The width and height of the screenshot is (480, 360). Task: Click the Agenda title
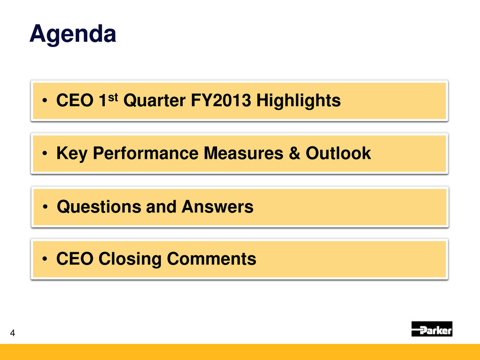click(73, 34)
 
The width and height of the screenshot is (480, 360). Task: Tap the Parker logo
click(431, 329)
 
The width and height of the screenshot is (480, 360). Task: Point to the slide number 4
click(13, 333)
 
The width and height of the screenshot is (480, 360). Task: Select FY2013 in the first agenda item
click(221, 101)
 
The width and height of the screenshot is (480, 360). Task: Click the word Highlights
click(299, 101)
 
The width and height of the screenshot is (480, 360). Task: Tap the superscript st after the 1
click(113, 98)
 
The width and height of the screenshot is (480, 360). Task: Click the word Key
click(72, 153)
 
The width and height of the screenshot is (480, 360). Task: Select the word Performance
click(146, 153)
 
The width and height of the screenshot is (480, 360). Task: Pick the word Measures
click(244, 153)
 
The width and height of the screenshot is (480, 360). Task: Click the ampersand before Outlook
click(294, 153)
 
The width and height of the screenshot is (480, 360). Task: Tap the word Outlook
click(338, 153)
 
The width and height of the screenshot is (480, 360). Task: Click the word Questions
click(99, 207)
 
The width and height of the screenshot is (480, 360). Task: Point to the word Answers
click(218, 207)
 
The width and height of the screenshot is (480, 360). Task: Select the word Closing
click(130, 259)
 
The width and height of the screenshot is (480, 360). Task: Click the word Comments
click(211, 259)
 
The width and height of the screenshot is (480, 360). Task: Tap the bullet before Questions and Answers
click(45, 207)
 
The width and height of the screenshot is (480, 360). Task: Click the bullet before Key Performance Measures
click(45, 153)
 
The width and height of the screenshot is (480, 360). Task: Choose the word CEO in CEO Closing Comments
click(75, 259)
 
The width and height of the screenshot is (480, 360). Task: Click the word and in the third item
click(161, 207)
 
